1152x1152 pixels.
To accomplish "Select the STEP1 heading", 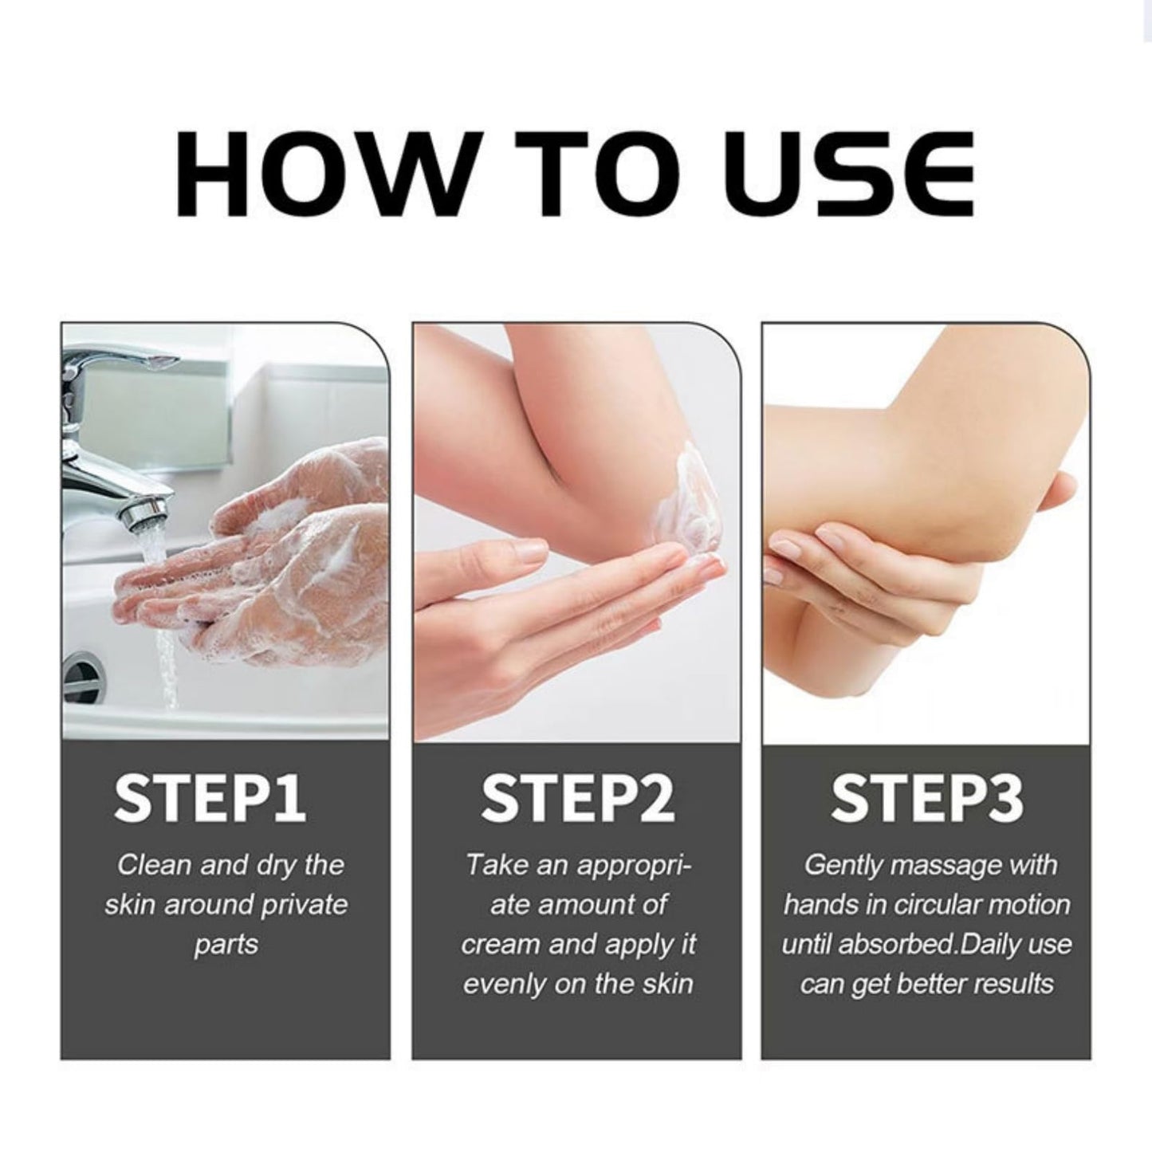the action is click(209, 799).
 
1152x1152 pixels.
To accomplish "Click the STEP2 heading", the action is click(577, 799).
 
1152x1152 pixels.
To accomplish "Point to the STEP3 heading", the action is click(926, 799).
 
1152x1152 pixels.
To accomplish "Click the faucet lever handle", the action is click(120, 362).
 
